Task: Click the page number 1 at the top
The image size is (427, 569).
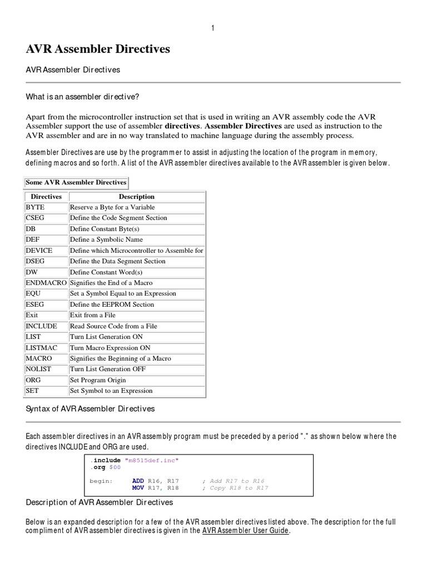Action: tap(212, 28)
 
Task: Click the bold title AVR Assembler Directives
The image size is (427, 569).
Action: tap(98, 49)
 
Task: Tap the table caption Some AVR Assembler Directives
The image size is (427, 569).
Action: tap(76, 182)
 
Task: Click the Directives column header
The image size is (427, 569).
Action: tap(46, 197)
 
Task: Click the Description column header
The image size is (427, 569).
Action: tap(137, 197)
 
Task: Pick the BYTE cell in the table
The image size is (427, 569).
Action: tap(36, 207)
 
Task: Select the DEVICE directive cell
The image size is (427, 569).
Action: tap(39, 251)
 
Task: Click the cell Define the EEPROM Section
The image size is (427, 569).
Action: tap(112, 305)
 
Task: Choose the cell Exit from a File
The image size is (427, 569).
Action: tap(92, 315)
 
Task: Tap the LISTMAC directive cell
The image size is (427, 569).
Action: tap(41, 348)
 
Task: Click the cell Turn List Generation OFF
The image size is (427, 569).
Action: tap(108, 370)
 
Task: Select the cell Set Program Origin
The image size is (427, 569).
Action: tap(98, 380)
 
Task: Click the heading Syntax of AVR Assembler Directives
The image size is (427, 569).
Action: tap(90, 409)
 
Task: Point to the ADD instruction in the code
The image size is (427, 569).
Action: tap(138, 481)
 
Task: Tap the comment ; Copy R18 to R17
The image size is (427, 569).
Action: tap(235, 488)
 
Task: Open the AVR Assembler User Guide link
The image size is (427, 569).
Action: tap(245, 531)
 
